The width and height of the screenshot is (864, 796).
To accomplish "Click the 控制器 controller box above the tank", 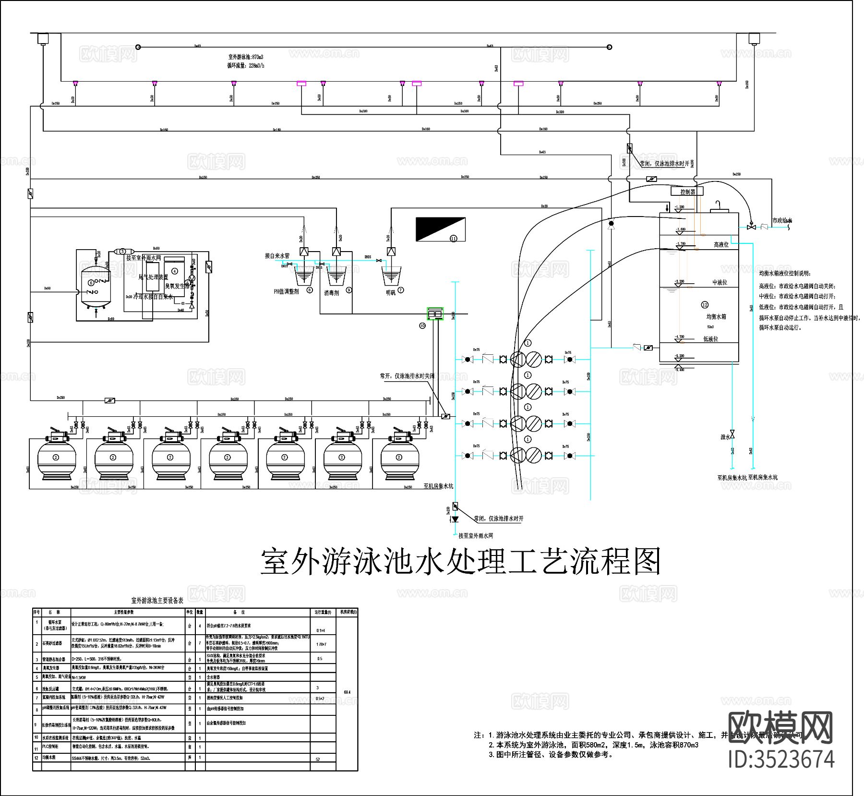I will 687,192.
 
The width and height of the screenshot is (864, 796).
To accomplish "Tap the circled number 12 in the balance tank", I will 705,305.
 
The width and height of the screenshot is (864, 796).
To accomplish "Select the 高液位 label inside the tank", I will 720,245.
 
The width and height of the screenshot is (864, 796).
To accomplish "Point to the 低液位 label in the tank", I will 710,339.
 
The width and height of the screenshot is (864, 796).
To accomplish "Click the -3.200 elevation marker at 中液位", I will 679,282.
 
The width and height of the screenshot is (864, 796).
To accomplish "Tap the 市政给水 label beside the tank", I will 781,221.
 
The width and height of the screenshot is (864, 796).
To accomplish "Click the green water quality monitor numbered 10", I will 435,314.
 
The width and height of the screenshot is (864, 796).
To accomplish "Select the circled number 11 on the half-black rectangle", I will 453,238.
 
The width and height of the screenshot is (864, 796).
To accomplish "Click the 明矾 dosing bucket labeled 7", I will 390,276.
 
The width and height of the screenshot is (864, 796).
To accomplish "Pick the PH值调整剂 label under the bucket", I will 286,291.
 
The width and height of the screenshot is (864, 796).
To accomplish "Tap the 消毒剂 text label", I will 331,293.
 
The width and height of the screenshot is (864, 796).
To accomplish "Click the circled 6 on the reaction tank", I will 91,283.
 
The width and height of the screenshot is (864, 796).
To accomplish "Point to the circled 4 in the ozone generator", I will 175,271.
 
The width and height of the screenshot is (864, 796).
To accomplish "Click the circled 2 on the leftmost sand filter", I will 56,457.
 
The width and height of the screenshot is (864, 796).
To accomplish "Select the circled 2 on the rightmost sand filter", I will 398,457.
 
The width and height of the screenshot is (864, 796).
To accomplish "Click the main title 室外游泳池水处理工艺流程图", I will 460,562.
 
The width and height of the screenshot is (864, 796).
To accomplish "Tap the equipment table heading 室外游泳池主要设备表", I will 157,601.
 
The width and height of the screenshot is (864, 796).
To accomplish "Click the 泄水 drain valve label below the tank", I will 725,437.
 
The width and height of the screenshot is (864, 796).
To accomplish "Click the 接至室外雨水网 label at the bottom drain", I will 475,535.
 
